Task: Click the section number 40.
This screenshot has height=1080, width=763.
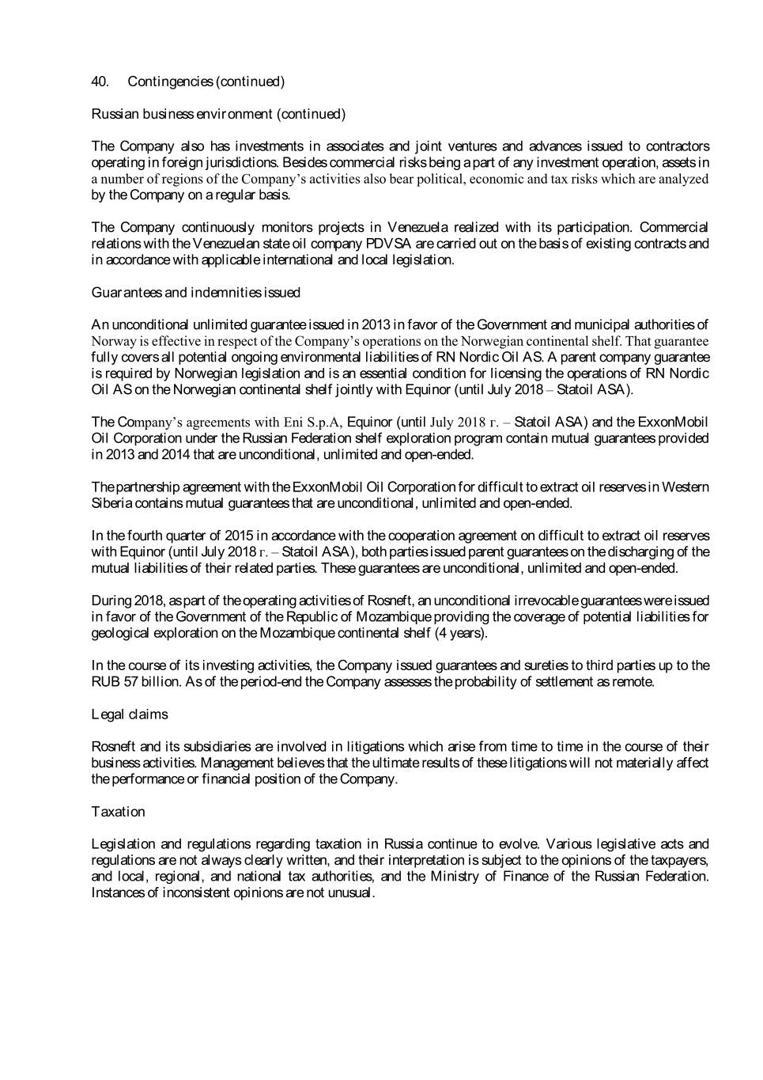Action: tap(100, 81)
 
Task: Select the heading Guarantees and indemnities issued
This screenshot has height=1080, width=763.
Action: tap(195, 293)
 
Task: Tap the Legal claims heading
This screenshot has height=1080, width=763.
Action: tap(130, 714)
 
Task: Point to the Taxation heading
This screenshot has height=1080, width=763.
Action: tap(118, 812)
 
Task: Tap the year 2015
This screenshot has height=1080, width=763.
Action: tap(239, 536)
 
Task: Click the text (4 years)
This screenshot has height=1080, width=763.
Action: tap(460, 633)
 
